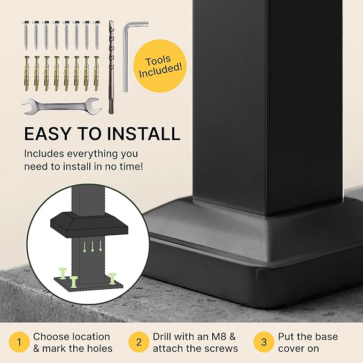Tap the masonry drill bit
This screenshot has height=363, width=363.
coord(112,67)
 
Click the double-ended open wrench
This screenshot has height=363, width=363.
coord(62,106)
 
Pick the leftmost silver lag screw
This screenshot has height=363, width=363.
coord(26,35)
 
